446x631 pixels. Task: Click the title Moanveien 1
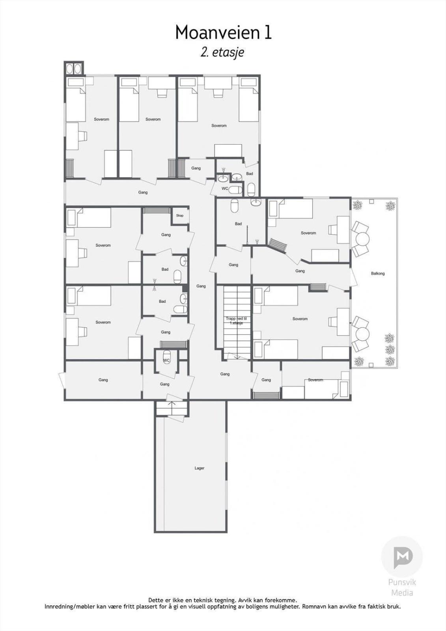click(x=223, y=32)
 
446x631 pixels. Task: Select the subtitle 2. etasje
click(x=222, y=52)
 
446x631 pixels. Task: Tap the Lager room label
click(x=200, y=468)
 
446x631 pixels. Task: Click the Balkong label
click(x=378, y=273)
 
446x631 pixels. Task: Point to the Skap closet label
click(x=180, y=215)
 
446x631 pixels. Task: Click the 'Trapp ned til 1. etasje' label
click(x=236, y=321)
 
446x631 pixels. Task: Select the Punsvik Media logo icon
click(x=402, y=556)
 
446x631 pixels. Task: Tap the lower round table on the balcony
click(x=362, y=334)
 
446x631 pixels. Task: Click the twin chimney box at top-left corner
click(x=74, y=68)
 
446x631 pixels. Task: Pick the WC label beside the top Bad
click(x=224, y=189)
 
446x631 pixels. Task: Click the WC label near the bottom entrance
click(x=166, y=360)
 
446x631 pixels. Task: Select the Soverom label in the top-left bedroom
click(x=101, y=119)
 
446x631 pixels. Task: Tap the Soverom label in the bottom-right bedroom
click(x=315, y=380)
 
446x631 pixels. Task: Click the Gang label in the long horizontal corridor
click(x=143, y=192)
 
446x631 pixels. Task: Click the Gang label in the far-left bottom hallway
click(x=103, y=380)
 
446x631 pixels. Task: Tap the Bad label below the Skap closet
click(x=165, y=269)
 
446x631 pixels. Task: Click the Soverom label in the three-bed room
click(x=219, y=126)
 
